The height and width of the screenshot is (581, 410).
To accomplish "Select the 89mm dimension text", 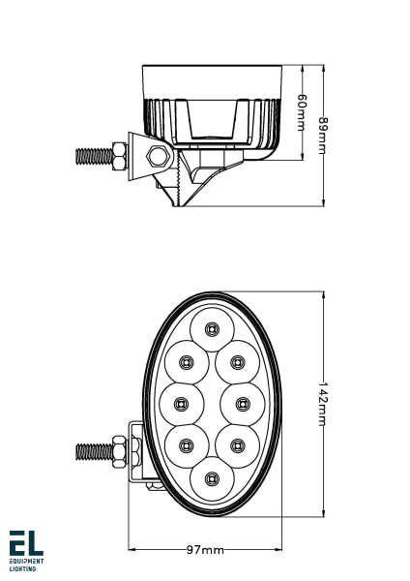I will click(x=323, y=136).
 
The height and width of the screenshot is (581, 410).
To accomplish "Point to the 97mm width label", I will click(x=205, y=550).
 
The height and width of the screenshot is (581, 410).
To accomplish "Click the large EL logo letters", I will click(x=26, y=542).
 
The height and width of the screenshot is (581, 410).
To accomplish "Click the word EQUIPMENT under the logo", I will click(x=26, y=562).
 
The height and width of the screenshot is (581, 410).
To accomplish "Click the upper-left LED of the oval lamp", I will click(x=186, y=362).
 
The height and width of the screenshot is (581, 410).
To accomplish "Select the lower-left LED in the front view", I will click(x=186, y=443).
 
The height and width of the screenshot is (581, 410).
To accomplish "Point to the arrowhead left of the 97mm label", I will click(x=133, y=550).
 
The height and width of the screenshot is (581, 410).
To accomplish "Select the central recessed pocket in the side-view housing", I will click(x=212, y=121).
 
